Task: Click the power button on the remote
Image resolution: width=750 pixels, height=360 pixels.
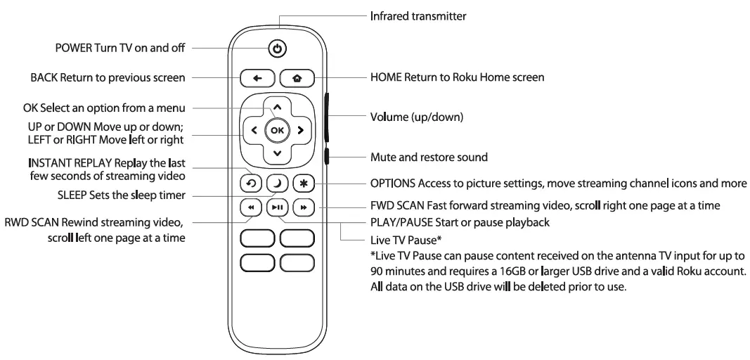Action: pos(278,49)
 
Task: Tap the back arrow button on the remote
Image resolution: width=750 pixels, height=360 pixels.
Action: pos(257,77)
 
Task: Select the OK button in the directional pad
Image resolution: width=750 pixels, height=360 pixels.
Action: pos(277,130)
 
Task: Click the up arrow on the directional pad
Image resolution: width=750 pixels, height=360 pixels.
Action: pos(277,108)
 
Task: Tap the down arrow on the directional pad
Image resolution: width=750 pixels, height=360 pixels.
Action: pos(277,153)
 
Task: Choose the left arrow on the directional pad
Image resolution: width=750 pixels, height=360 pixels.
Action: pos(254,130)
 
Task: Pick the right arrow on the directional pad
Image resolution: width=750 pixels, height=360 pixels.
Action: pos(300,130)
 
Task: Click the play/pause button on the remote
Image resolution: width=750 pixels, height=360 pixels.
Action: pos(277,208)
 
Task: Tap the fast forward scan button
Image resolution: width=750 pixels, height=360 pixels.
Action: pos(304,208)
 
